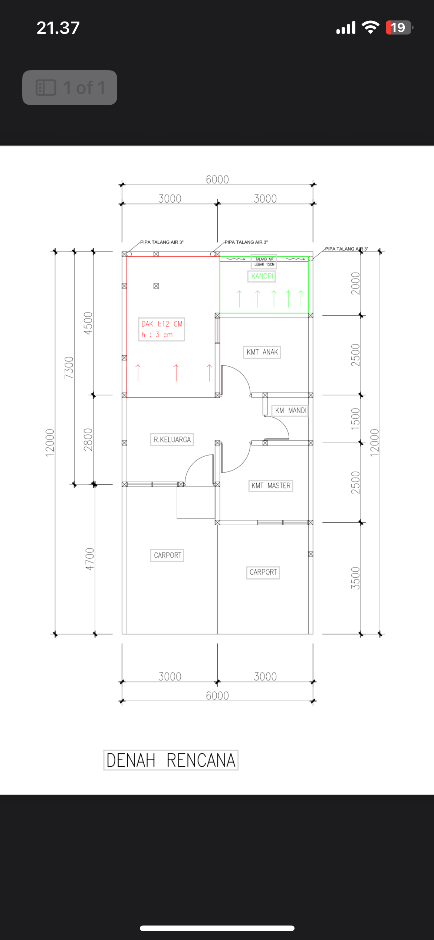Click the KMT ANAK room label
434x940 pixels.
point(262,352)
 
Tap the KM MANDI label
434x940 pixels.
point(290,410)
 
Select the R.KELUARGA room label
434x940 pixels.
point(172,440)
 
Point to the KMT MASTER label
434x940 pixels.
point(271,486)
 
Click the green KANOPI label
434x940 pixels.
point(262,276)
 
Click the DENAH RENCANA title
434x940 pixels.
point(171,760)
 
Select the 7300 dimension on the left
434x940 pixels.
point(69,368)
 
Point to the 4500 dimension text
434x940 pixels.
point(88,323)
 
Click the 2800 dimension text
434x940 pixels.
point(88,440)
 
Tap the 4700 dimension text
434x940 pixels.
point(90,559)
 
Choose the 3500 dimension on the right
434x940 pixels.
point(355,578)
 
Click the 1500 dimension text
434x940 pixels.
point(355,419)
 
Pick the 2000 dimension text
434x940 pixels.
point(355,283)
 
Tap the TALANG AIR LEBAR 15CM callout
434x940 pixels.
point(264,262)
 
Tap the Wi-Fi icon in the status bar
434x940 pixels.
point(370,27)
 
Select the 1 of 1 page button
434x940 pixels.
point(70,88)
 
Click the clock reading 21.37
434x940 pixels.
point(58,28)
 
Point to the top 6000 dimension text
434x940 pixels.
point(217,180)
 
